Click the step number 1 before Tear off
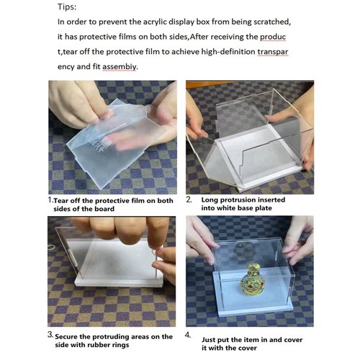[x=50, y=199]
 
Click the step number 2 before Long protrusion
[x=189, y=199]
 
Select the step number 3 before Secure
[x=50, y=335]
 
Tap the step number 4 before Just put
[x=189, y=335]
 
